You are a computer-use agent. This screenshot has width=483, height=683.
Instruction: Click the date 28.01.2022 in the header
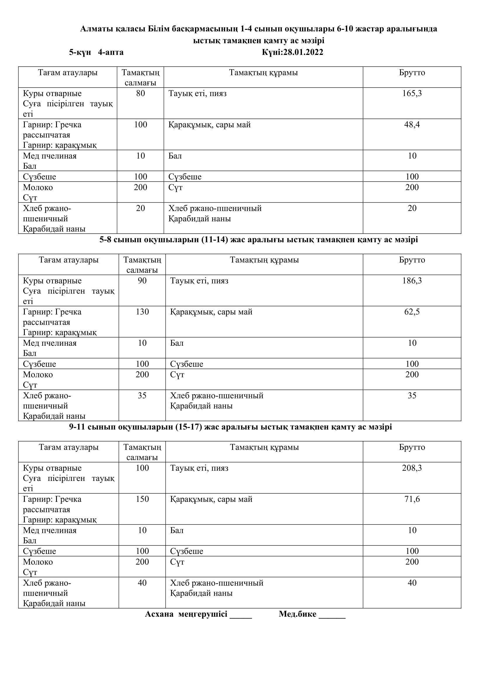[303, 52]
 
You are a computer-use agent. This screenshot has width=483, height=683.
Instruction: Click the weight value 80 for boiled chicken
[140, 93]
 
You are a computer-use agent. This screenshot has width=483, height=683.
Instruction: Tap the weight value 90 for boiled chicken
[142, 281]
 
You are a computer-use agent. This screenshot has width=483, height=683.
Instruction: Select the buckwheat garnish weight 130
[142, 312]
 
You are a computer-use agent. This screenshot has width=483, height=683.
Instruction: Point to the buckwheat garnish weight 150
[142, 499]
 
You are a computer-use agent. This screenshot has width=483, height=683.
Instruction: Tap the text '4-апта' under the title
[111, 52]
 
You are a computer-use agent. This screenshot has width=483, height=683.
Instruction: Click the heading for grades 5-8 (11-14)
[258, 239]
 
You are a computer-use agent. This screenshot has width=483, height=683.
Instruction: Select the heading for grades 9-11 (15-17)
[230, 427]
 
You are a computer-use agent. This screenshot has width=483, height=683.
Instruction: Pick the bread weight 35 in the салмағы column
[142, 396]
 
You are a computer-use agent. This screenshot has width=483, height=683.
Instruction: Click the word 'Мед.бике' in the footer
[297, 614]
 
